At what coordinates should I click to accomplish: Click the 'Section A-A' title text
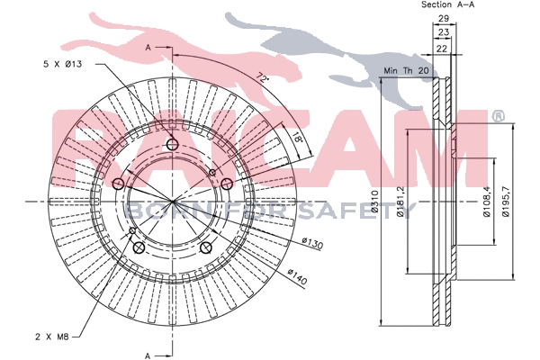point(448,5)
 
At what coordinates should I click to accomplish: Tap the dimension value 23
point(443,33)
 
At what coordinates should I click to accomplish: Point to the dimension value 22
point(442,48)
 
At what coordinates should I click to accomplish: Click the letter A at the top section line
point(148,45)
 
